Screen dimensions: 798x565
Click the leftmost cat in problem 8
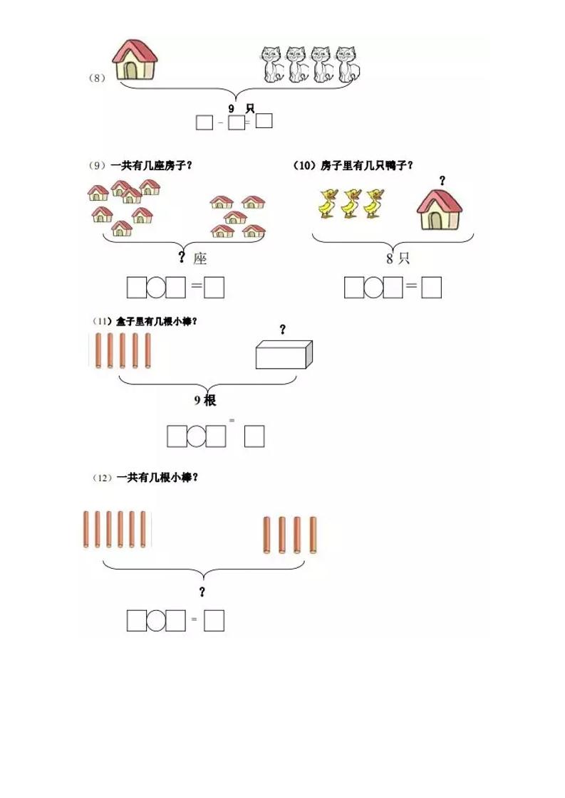[x=271, y=64]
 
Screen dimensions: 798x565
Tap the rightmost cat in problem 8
[x=347, y=64]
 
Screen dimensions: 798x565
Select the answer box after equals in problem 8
[x=264, y=121]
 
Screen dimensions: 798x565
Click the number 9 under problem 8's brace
[x=232, y=107]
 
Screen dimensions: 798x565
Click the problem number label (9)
[x=97, y=165]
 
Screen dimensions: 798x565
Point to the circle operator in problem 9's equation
[x=156, y=287]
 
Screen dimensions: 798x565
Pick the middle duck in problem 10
[x=349, y=203]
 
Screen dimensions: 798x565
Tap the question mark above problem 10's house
[x=442, y=181]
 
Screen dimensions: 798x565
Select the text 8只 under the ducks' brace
[x=398, y=258]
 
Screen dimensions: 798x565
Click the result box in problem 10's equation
[x=431, y=287]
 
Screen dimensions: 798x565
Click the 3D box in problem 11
[x=284, y=354]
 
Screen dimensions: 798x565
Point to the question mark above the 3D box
[x=282, y=329]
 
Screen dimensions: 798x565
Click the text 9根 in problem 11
[x=205, y=401]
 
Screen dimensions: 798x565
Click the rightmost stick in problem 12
[x=313, y=535]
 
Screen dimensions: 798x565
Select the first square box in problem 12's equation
[x=137, y=621]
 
